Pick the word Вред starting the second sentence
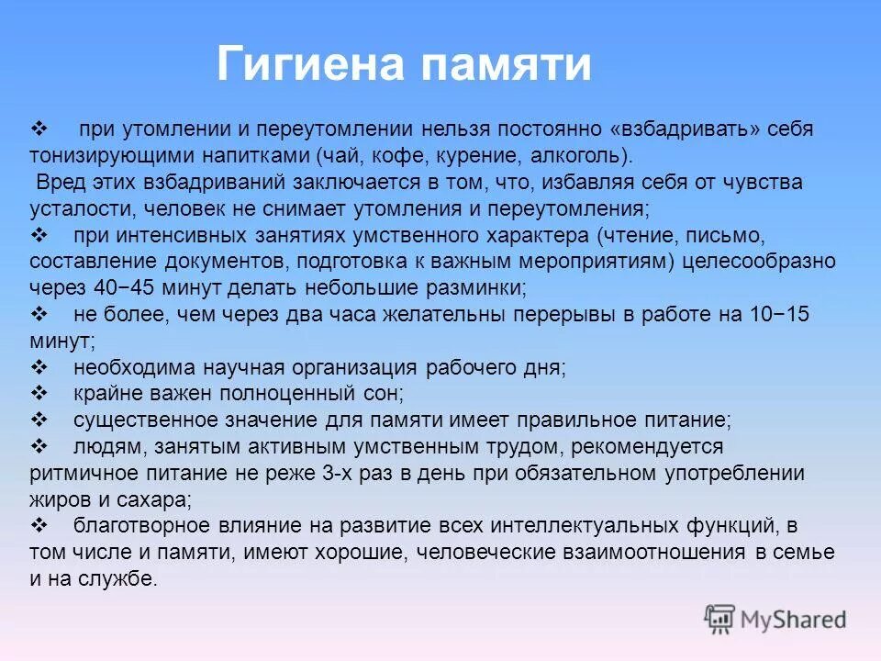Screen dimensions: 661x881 click(x=58, y=182)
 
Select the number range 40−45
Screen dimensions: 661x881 click(x=128, y=286)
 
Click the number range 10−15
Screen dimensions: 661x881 click(x=777, y=314)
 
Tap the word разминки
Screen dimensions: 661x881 click(x=479, y=286)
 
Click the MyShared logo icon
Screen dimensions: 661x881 click(x=720, y=619)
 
